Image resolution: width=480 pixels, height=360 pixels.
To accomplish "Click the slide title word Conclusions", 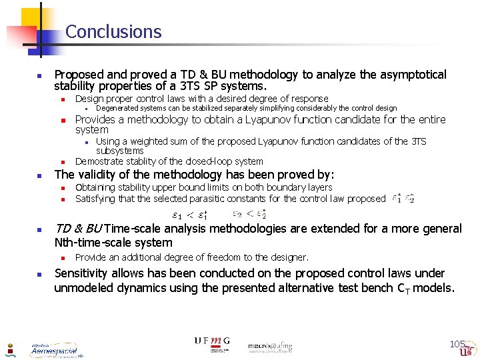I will (x=113, y=32).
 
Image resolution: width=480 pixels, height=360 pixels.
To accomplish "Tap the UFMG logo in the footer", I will (x=212, y=341).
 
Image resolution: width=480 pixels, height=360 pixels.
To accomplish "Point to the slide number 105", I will (x=457, y=344).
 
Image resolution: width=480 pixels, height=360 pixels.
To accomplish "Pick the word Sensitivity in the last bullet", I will (x=84, y=273).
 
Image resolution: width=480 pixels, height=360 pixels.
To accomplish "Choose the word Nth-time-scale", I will (x=93, y=243).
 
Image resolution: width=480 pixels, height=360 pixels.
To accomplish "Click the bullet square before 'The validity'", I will (x=39, y=175).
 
